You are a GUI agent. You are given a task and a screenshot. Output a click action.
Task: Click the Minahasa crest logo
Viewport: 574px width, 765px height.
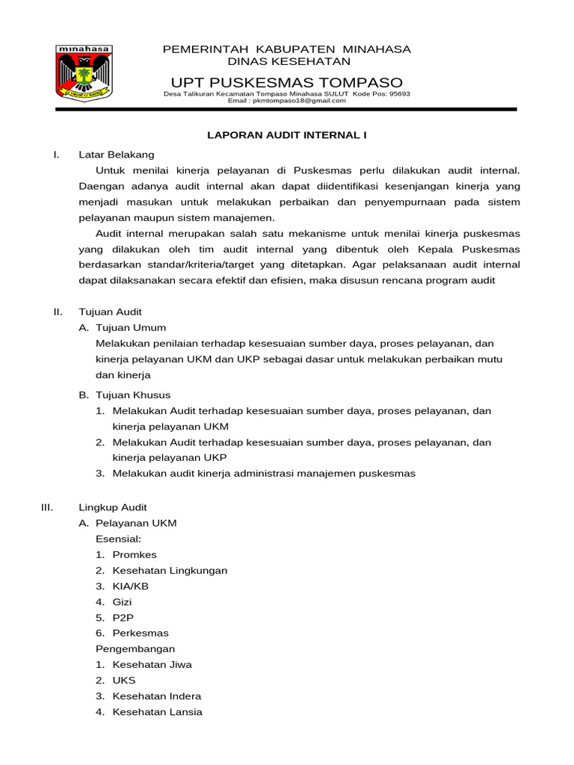coord(84,72)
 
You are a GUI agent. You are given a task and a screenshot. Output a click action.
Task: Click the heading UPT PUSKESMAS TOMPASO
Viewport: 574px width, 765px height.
coord(286,82)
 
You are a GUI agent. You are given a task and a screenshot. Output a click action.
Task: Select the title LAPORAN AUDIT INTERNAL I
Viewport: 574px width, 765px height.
coord(286,135)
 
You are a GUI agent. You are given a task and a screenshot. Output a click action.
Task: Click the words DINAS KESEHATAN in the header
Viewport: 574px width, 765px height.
coord(288,61)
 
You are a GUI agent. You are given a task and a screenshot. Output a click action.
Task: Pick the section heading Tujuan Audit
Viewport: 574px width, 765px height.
coord(110,312)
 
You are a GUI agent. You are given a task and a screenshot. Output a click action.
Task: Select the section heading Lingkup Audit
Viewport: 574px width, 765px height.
coord(113,507)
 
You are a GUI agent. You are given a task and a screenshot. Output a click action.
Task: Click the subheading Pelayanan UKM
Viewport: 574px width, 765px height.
coord(136,523)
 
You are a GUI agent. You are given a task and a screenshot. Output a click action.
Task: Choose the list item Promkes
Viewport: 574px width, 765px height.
coord(135,554)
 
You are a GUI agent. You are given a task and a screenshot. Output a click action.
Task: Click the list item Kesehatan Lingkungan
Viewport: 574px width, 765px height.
coord(170,570)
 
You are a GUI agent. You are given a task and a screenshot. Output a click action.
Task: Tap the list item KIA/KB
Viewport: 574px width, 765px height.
coord(131,586)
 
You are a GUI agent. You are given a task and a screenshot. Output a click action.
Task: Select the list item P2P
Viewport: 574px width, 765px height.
coord(123,618)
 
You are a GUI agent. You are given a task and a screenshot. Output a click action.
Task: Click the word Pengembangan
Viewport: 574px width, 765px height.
coord(135,648)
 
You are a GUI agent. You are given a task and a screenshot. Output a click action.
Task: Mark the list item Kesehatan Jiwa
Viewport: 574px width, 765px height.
coord(152,664)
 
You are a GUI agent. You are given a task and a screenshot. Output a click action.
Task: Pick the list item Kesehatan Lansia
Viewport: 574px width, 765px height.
coord(157,712)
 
